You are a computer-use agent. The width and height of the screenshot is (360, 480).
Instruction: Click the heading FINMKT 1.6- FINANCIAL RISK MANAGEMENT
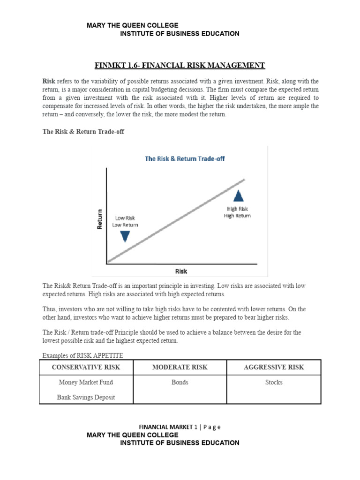click(x=180, y=65)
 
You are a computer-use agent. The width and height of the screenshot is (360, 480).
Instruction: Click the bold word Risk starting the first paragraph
click(x=49, y=81)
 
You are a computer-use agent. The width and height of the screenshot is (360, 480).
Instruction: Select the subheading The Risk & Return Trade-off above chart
click(x=83, y=132)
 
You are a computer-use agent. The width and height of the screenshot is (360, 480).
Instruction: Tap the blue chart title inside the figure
click(x=185, y=158)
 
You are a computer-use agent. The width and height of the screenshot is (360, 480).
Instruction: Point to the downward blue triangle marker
click(x=125, y=236)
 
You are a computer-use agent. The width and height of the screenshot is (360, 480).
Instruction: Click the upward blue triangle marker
click(x=239, y=196)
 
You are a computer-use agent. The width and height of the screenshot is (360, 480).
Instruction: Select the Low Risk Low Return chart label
click(x=125, y=221)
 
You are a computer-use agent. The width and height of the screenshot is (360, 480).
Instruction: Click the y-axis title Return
click(x=99, y=219)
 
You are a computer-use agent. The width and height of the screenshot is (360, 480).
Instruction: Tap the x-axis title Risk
click(x=181, y=271)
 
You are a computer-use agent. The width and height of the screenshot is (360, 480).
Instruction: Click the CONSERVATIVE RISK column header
click(x=87, y=367)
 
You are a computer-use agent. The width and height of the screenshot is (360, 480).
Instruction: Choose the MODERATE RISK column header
click(x=180, y=367)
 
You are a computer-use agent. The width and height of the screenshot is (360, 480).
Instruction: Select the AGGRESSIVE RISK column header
click(x=274, y=367)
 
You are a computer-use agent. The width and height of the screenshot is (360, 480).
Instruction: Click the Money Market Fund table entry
click(x=86, y=382)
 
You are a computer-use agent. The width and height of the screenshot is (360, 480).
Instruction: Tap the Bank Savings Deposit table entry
click(x=86, y=397)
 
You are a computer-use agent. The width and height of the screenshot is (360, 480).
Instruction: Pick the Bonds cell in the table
click(x=180, y=382)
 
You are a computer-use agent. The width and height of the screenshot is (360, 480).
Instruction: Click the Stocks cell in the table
click(x=274, y=382)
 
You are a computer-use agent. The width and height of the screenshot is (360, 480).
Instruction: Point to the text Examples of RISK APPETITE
click(x=83, y=355)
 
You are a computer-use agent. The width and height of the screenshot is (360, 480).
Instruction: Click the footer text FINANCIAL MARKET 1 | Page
click(x=180, y=427)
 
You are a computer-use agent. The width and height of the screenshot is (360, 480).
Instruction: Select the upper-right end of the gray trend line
click(x=244, y=180)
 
